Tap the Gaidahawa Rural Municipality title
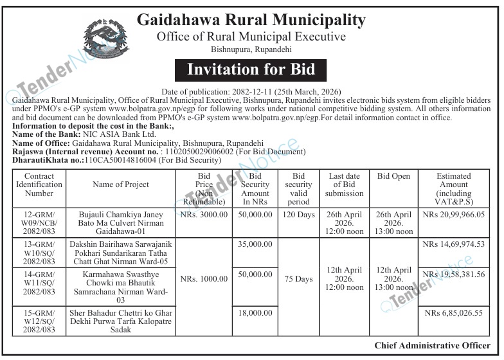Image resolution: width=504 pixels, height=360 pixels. [251, 19]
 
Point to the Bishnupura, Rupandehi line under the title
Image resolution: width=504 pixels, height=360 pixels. [251, 50]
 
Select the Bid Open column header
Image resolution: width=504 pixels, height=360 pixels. [393, 176]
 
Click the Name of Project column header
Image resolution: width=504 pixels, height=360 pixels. [121, 184]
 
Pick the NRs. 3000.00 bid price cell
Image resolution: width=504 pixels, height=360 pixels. [204, 214]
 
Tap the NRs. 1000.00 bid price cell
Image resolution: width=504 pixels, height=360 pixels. [204, 279]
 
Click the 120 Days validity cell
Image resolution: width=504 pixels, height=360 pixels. [298, 214]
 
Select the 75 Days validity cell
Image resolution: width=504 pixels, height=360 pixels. [298, 279]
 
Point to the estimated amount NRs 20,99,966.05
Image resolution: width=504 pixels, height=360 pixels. [453, 214]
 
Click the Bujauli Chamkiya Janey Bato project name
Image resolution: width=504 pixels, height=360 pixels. [121, 222]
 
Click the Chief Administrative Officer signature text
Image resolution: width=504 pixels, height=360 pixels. [432, 345]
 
